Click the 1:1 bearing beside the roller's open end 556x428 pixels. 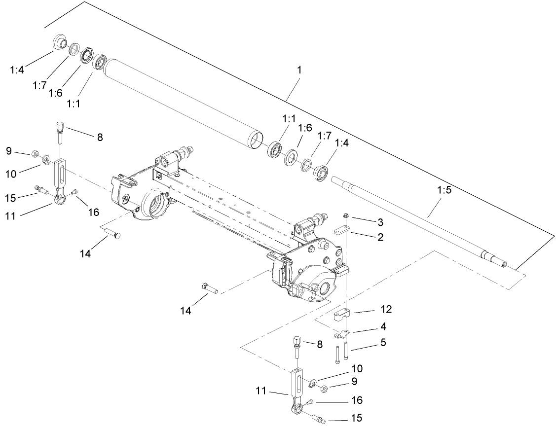[274, 149]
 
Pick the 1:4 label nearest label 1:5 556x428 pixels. [342, 143]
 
